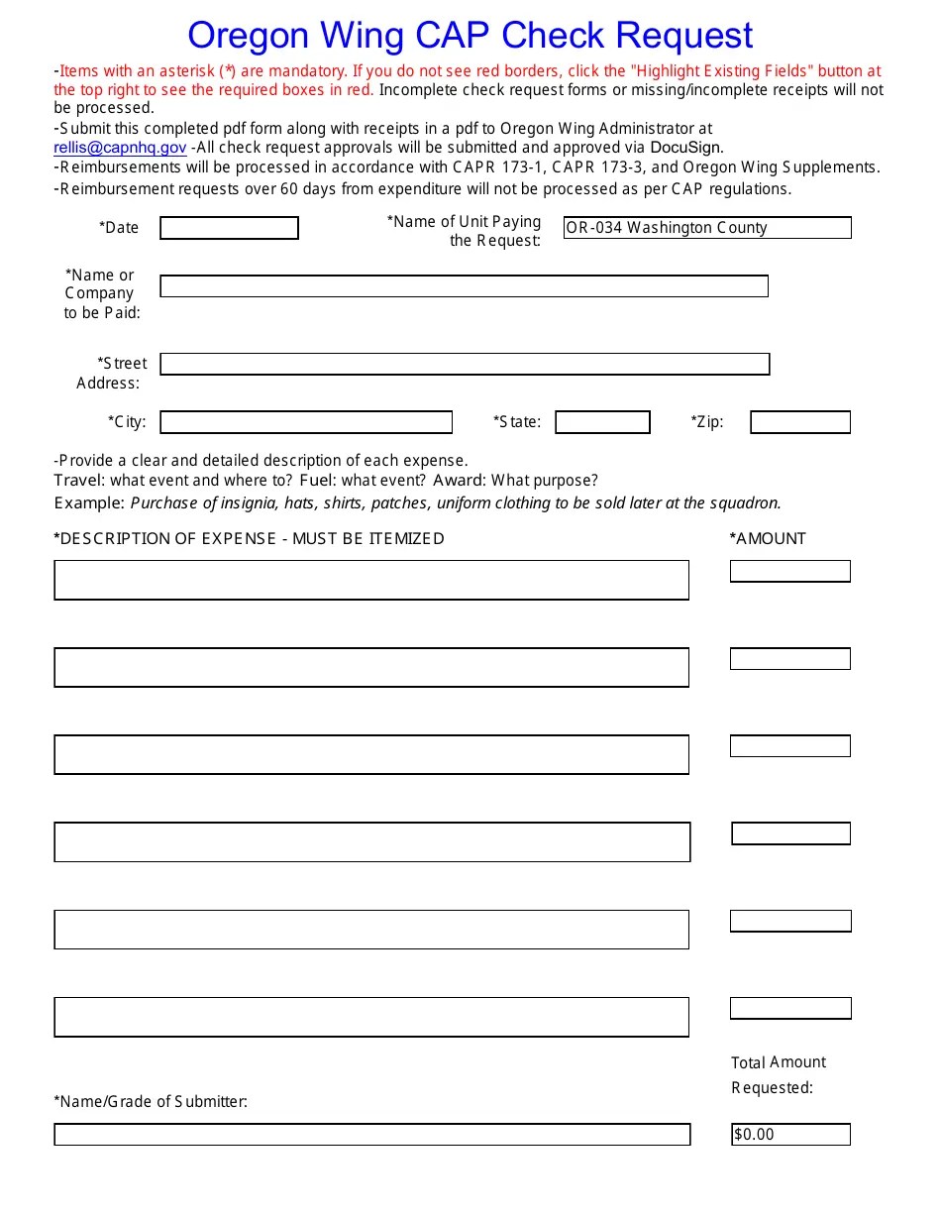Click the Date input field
229,228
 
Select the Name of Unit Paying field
707,228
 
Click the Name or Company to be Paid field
464,286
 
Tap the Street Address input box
465,364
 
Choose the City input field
306,422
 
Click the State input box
602,422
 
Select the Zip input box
800,422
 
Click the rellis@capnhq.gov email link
120,148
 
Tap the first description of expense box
371,580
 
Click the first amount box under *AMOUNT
790,571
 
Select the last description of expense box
371,1017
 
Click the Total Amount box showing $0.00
790,1135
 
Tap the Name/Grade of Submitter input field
371,1135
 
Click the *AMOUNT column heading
768,539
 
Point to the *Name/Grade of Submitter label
151,1101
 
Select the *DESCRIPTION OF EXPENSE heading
249,539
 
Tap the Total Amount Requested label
778,1074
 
